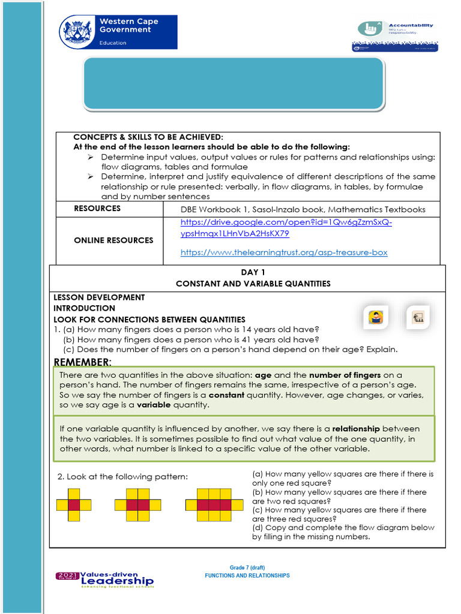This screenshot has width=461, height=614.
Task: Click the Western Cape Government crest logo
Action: tap(77, 31)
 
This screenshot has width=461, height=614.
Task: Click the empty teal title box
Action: tap(233, 84)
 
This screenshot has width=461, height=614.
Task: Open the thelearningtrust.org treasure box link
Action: tap(284, 252)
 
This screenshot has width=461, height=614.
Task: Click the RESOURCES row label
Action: tap(97, 209)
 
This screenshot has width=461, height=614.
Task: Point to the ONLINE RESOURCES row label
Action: tap(113, 240)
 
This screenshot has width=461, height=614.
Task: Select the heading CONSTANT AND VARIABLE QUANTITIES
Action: tap(253, 284)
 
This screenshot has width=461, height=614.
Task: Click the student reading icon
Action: tap(376, 317)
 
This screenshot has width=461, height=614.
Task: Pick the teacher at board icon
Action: tap(418, 317)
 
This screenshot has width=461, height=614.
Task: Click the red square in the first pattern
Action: tap(74, 505)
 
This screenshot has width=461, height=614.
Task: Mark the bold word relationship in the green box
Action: tap(356, 429)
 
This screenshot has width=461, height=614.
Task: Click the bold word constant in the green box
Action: tap(226, 396)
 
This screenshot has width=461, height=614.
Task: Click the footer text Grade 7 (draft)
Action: tap(247, 567)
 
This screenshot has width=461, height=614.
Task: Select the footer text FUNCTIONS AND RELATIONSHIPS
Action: tap(247, 576)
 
